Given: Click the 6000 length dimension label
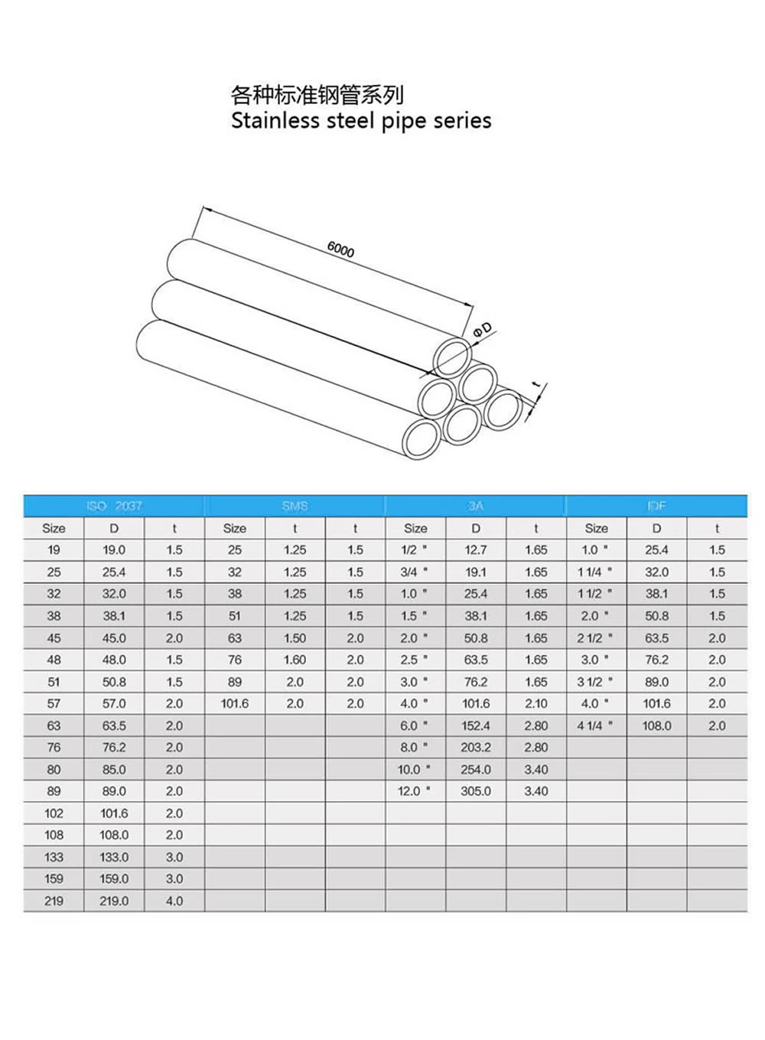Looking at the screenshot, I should (340, 249).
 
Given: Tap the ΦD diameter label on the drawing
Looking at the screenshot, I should (483, 330).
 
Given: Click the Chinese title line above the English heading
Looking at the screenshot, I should (317, 95).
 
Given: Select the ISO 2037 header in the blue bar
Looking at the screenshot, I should (114, 506).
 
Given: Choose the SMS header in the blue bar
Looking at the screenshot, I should (295, 506).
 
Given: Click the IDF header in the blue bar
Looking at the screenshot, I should (656, 506).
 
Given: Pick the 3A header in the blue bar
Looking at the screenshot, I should (475, 506).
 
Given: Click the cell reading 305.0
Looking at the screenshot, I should (475, 791).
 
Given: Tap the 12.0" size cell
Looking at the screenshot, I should (414, 791).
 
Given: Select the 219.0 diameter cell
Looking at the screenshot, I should (114, 901).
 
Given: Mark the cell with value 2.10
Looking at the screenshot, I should (535, 703).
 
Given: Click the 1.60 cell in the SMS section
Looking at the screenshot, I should (295, 660).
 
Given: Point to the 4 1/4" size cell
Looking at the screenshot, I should (594, 725).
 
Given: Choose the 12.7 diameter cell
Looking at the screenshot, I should (475, 550).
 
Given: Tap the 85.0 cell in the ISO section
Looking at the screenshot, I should (114, 770).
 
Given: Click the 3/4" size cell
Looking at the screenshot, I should (414, 572).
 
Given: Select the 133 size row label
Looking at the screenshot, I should (54, 857).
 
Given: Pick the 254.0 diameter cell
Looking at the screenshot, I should (475, 770).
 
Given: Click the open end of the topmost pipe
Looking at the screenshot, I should (454, 356).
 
